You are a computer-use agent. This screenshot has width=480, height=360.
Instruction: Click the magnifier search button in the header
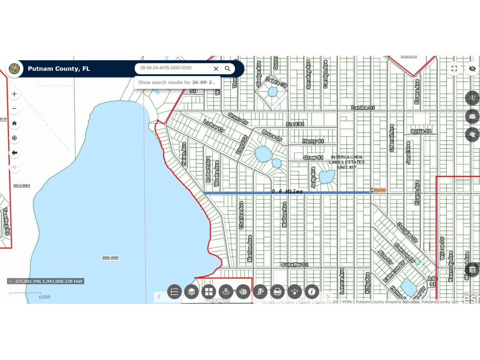(228, 68)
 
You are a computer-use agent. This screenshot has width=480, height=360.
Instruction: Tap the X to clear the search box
(216, 68)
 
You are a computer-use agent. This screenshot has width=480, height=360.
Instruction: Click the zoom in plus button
(14, 94)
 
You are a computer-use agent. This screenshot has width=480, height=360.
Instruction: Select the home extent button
(14, 123)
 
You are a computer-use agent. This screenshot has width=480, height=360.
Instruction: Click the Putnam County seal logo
(14, 69)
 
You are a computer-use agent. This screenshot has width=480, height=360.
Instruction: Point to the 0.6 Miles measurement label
(287, 191)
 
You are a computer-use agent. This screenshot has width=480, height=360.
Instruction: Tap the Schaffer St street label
(294, 265)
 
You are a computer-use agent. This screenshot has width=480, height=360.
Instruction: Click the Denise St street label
(363, 108)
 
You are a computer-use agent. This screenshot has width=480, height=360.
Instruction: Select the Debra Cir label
(276, 82)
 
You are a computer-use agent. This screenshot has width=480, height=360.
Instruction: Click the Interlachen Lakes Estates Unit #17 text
(347, 162)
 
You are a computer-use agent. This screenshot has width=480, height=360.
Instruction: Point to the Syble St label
(421, 131)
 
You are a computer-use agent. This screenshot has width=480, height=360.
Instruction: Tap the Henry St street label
(313, 141)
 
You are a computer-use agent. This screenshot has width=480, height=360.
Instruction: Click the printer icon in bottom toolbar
(277, 292)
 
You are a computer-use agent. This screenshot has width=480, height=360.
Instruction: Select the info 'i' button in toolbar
(311, 292)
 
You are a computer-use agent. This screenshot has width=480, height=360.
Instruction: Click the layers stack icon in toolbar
(191, 292)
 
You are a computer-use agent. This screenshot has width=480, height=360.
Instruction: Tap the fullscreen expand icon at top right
(454, 68)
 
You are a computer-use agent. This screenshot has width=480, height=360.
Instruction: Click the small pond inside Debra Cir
(272, 92)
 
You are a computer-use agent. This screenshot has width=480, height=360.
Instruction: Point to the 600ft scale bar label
(45, 297)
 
